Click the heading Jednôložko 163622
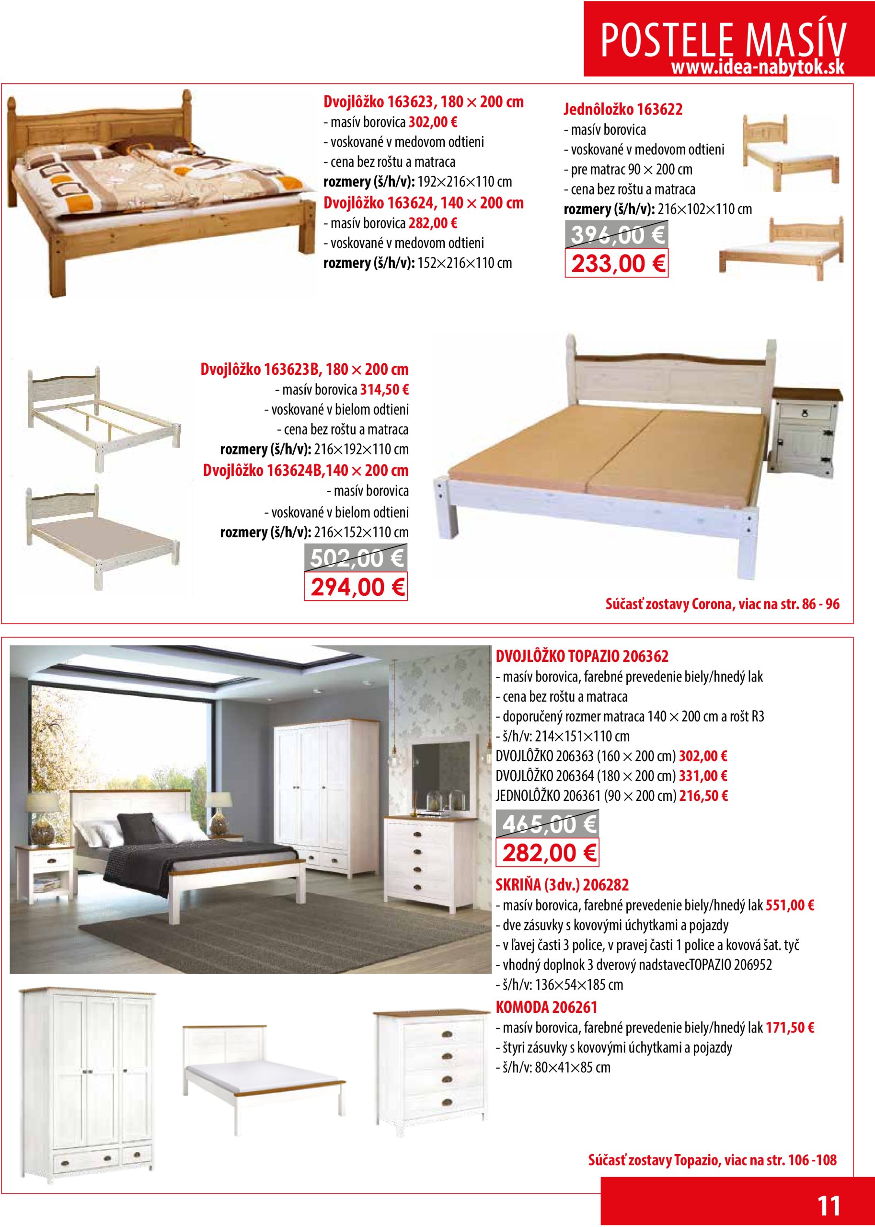(623, 109)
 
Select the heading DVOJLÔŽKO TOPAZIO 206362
(582, 656)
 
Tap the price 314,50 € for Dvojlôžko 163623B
(384, 390)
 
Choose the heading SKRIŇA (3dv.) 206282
(562, 885)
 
